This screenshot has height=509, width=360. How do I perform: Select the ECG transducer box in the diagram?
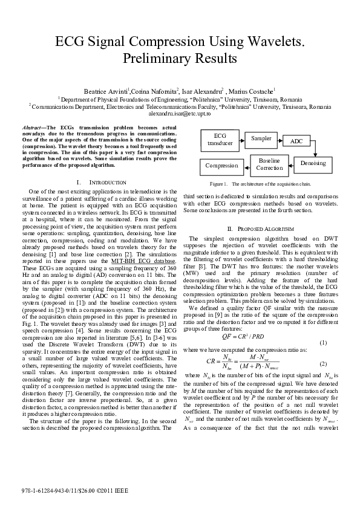point(216,139)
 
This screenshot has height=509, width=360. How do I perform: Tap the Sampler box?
point(261,138)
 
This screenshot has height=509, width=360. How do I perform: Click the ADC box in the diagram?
point(296,141)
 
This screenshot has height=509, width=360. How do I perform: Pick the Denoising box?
point(312,163)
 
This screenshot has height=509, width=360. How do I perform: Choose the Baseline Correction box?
point(269,164)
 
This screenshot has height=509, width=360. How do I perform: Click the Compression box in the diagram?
point(221,165)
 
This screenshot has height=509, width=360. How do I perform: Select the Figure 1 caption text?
point(260,183)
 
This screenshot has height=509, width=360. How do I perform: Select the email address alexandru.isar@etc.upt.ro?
point(180,113)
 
